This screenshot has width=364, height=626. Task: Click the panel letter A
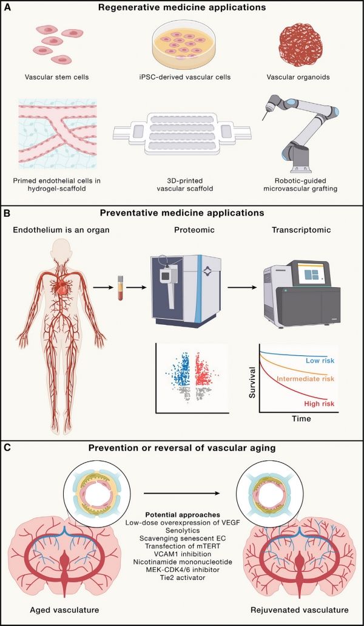8,9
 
